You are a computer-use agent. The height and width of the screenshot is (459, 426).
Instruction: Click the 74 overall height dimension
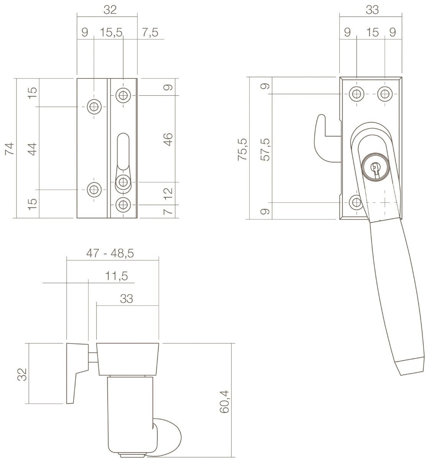pos(10,149)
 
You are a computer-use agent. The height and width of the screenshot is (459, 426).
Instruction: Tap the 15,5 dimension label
pos(111,32)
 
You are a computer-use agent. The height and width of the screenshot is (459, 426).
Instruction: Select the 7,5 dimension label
pos(150,32)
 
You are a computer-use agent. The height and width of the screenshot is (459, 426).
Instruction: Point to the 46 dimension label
pos(169,139)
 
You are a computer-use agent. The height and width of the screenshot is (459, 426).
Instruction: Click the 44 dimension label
pos(33,149)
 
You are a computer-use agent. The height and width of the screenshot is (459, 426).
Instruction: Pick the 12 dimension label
pos(169,194)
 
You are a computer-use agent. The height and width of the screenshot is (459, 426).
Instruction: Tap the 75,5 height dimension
pos(242,150)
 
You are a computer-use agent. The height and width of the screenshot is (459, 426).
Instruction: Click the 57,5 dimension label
pos(265,150)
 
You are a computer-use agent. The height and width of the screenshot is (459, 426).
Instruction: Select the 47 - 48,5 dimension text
pos(110,253)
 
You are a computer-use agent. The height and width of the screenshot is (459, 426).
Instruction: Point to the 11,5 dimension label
pos(116,276)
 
